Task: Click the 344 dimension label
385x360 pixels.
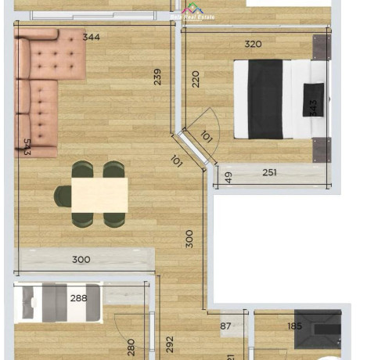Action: pyautogui.click(x=91, y=37)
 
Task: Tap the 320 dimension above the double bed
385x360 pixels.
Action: pyautogui.click(x=253, y=44)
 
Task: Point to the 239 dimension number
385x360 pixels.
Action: pyautogui.click(x=157, y=77)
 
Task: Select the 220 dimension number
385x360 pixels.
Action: pyautogui.click(x=195, y=78)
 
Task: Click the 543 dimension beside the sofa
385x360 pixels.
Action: pyautogui.click(x=27, y=146)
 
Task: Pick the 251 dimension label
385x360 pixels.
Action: pyautogui.click(x=270, y=173)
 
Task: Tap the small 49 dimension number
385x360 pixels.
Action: pyautogui.click(x=228, y=178)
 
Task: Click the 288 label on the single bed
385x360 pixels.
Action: pyautogui.click(x=78, y=298)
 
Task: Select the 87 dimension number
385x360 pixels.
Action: pyautogui.click(x=226, y=326)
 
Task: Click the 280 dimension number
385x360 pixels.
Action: pyautogui.click(x=131, y=346)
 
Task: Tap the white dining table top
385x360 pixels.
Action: pyautogui.click(x=99, y=194)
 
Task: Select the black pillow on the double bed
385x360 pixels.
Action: pyautogui.click(x=315, y=99)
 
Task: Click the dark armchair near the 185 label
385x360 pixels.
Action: pyautogui.click(x=318, y=330)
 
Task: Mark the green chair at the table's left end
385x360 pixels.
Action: pyautogui.click(x=63, y=196)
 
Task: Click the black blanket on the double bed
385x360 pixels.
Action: pyautogui.click(x=265, y=99)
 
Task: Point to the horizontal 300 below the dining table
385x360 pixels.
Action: pyautogui.click(x=81, y=260)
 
